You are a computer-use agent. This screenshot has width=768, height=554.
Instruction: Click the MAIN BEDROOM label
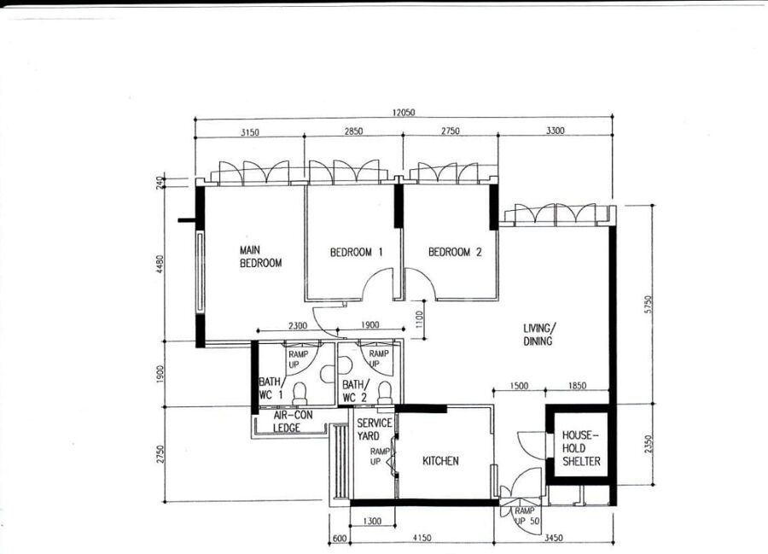click(260, 257)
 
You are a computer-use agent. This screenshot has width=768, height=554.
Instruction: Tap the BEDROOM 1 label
click(356, 253)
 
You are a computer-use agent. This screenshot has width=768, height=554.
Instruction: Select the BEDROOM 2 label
click(455, 253)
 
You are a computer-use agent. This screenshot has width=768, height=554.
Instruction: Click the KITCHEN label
click(440, 461)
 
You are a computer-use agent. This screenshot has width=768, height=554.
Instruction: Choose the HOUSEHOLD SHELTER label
click(581, 448)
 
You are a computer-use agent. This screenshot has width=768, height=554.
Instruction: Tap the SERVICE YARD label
click(375, 429)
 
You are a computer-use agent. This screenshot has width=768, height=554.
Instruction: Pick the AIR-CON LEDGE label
click(293, 422)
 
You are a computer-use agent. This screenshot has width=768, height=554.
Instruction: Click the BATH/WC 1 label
click(271, 388)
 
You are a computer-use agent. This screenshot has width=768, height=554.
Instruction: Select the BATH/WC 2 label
click(355, 391)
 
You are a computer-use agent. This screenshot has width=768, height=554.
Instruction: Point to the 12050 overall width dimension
click(403, 113)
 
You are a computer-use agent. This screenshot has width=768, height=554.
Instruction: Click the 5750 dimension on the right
click(649, 304)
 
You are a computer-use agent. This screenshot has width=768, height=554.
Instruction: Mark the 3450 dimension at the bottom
click(554, 538)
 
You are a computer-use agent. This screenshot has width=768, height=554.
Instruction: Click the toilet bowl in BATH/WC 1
click(300, 394)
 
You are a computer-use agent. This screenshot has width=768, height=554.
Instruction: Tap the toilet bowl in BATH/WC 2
click(385, 393)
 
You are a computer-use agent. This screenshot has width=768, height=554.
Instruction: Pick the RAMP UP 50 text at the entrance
click(526, 516)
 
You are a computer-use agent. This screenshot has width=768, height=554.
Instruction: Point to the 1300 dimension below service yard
click(372, 522)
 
